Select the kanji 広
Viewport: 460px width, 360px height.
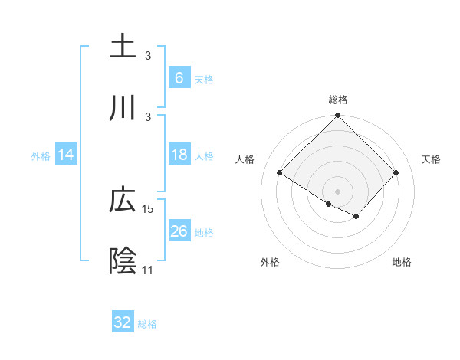pos(123,200)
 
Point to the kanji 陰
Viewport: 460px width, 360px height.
pos(123,260)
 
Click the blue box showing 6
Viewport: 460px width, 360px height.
pos(179,77)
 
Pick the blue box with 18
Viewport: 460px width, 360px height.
pos(179,155)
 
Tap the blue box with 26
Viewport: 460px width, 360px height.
pos(179,231)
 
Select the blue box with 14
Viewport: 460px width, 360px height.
pos(66,155)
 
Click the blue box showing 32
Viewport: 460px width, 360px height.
pos(123,323)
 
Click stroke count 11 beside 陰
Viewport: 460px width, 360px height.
pos(147,270)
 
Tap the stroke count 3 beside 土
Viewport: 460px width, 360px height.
pos(148,56)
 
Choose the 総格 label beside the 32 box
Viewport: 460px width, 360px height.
pos(147,324)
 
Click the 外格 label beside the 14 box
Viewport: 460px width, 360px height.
pos(41,155)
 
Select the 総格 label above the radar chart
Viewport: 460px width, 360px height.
pos(338,100)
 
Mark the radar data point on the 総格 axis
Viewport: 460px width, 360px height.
pos(338,116)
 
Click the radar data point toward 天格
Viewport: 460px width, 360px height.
pos(396,173)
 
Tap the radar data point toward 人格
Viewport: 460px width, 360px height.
pos(280,173)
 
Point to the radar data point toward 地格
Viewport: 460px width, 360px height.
pos(356,216)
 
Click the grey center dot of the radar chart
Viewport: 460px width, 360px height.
pos(338,191)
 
